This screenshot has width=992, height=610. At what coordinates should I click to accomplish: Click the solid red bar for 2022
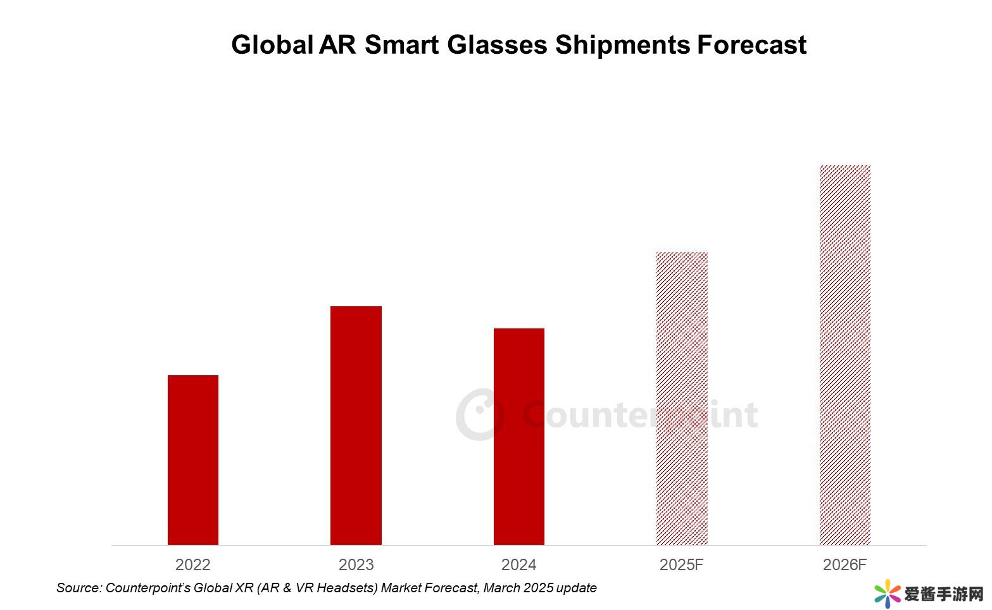click(193, 459)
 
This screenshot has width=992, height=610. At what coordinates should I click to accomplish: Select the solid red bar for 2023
click(356, 425)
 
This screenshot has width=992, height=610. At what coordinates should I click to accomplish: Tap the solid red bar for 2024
click(518, 436)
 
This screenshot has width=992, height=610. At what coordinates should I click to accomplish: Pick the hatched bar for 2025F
click(682, 398)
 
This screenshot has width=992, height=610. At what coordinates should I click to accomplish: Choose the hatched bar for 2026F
click(844, 354)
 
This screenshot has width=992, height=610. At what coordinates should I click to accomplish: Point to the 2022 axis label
click(193, 564)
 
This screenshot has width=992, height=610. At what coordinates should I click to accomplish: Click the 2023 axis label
click(356, 564)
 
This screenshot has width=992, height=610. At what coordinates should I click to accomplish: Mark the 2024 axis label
click(518, 564)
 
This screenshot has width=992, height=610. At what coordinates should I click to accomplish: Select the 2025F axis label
click(682, 564)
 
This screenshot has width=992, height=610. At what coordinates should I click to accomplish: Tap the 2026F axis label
click(844, 564)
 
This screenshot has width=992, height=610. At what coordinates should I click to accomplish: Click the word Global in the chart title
click(272, 45)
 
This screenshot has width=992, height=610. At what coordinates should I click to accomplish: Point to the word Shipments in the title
click(622, 45)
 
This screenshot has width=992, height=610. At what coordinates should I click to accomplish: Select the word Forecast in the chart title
click(751, 45)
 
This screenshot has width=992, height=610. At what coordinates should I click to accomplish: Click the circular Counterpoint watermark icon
click(480, 414)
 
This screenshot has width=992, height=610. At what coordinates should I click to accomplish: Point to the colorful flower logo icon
click(888, 594)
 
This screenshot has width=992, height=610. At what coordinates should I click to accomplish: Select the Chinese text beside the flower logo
click(944, 594)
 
